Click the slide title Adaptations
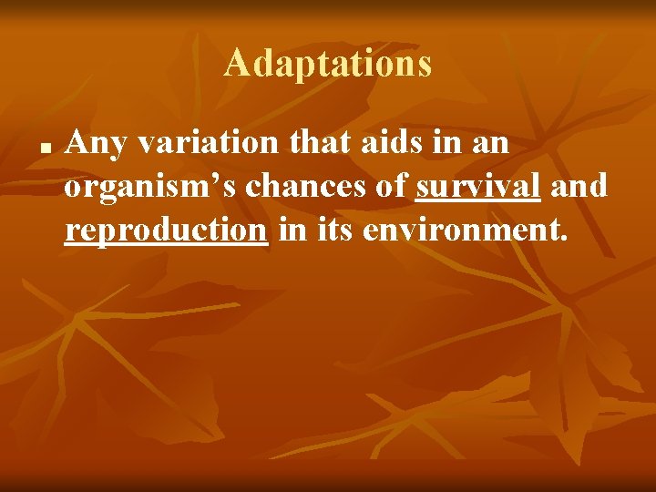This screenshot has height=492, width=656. [327, 64]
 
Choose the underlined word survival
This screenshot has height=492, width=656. [478, 188]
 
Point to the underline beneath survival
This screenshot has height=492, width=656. [478, 201]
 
